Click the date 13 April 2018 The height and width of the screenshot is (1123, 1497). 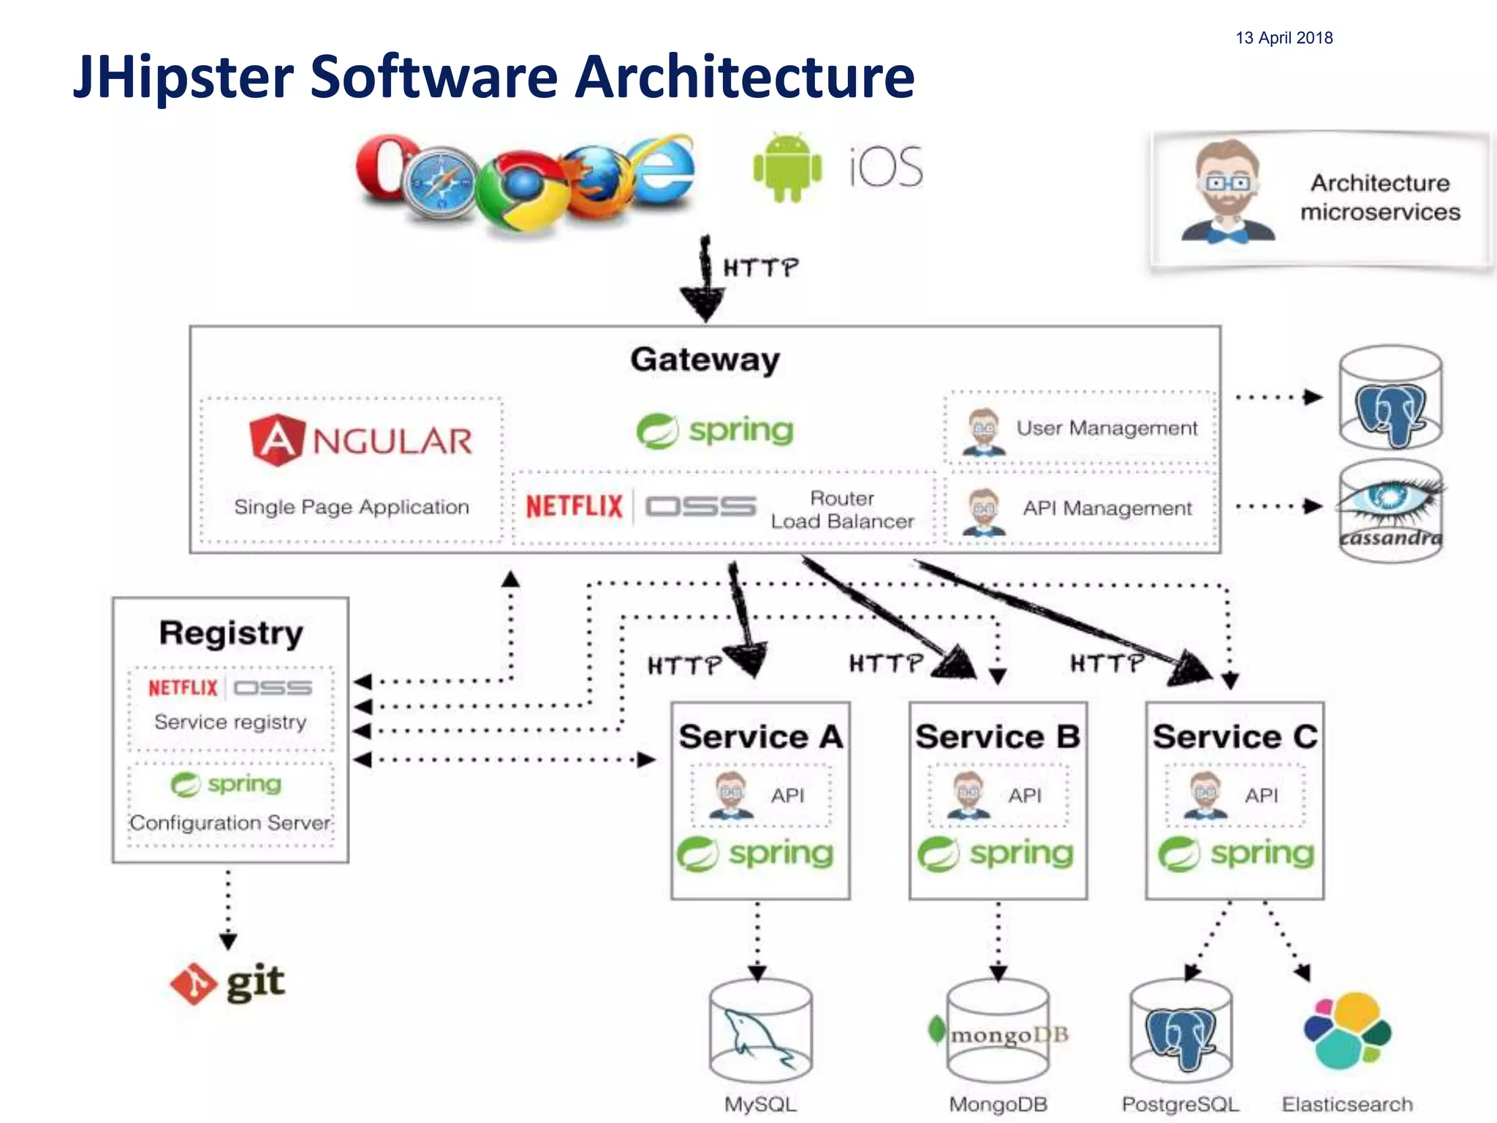tap(1284, 38)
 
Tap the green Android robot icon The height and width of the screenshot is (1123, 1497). tap(787, 167)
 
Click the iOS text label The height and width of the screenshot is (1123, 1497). tap(886, 167)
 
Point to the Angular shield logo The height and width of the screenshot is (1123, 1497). tap(276, 439)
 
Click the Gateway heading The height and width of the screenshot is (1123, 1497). tap(705, 360)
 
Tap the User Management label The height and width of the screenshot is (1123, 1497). tap(1106, 428)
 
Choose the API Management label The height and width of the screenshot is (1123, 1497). tap(1107, 508)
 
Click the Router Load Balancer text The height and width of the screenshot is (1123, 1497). tap(842, 510)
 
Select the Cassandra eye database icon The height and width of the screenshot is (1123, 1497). tap(1390, 510)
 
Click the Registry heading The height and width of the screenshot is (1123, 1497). tap(231, 633)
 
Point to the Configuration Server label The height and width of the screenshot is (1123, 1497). tap(230, 823)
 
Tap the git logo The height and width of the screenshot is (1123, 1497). tap(227, 983)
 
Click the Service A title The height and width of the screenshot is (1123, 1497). tap(760, 736)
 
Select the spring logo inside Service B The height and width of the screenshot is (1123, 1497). tap(996, 854)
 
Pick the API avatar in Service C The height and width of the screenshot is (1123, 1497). tap(1205, 795)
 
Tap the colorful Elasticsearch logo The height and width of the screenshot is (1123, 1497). tap(1346, 1031)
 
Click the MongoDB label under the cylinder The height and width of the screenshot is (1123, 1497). tap(998, 1104)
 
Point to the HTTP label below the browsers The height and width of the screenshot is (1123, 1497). tap(760, 268)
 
